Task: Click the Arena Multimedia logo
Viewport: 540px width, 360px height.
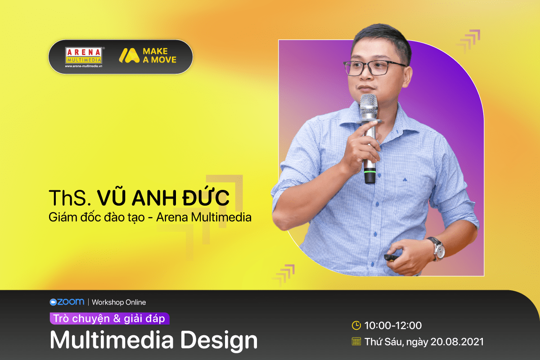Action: point(84,57)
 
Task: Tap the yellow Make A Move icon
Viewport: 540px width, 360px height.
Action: point(129,56)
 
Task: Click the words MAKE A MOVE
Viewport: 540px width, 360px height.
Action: point(159,55)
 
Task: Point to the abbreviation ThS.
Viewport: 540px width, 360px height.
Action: point(70,198)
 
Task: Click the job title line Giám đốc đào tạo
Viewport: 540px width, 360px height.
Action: point(97,217)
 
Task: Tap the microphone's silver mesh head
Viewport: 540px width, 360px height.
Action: point(369,106)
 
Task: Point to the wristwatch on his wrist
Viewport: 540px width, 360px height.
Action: point(437,249)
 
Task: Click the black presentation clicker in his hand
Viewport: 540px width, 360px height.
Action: point(391,257)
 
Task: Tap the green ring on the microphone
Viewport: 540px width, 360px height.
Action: point(369,171)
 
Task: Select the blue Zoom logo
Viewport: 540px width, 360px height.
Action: point(67,302)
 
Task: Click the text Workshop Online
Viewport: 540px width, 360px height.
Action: point(119,302)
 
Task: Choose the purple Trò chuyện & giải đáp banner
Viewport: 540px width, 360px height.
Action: point(109,319)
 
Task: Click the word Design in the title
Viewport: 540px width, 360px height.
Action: point(219,341)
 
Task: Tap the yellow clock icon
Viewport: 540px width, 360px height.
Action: point(356,325)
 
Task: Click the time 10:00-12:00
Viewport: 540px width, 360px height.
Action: point(393,325)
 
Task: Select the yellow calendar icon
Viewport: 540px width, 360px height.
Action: point(356,342)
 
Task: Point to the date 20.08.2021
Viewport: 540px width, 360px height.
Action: point(457,342)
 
